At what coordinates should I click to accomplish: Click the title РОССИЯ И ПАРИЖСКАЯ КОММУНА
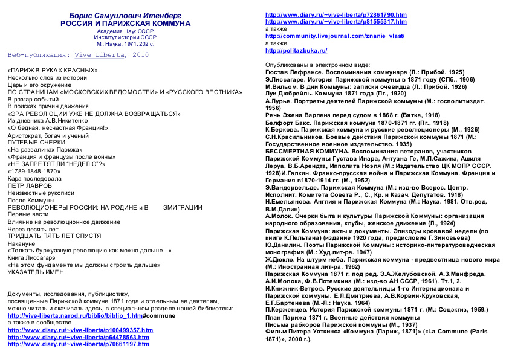125,23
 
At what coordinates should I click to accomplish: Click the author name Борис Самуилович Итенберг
125,15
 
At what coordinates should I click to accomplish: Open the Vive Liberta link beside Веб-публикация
99,55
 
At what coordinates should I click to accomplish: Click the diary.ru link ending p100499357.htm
80,330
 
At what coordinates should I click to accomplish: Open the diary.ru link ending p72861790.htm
336,14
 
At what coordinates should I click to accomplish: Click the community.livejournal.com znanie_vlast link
335,36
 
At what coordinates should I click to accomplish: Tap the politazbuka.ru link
296,51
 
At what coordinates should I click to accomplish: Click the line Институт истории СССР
125,37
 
